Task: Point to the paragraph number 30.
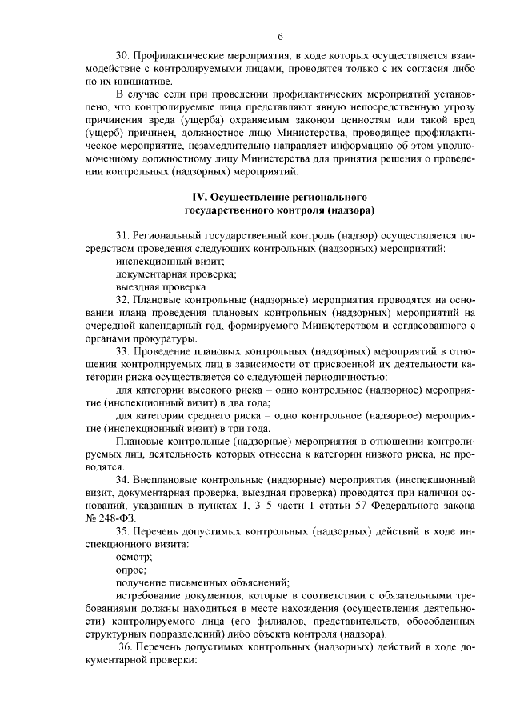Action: point(122,56)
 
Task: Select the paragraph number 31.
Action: point(122,236)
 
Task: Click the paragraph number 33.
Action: point(122,352)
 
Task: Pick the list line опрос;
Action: point(130,570)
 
